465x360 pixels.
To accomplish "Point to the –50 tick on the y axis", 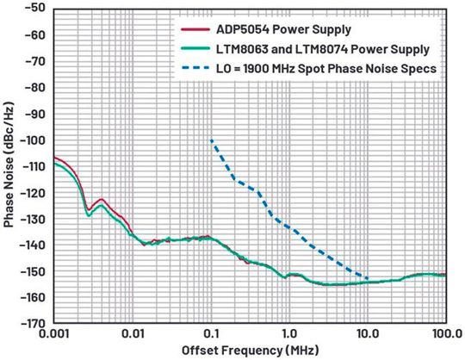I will pos(35,9).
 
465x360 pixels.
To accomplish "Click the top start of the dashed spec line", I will pos(211,140).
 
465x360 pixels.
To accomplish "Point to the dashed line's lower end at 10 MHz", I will pos(368,278).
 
